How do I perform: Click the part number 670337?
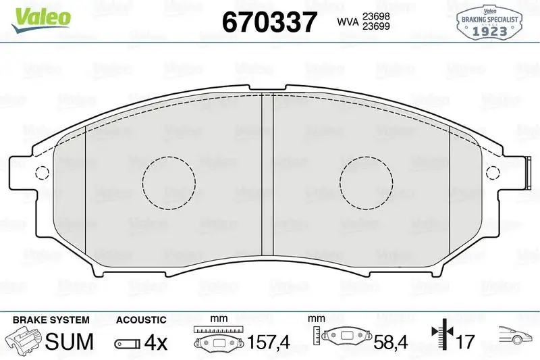[x=269, y=23]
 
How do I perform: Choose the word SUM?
[x=69, y=342]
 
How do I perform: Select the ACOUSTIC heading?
[x=141, y=319]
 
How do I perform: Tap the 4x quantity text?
[x=156, y=342]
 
